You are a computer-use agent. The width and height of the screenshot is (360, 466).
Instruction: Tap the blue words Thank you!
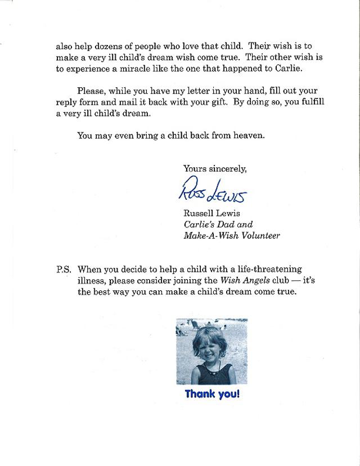[212, 394]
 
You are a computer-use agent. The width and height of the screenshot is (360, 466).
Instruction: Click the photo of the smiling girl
[211, 351]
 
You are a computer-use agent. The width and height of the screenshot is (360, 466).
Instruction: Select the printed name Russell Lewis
[211, 213]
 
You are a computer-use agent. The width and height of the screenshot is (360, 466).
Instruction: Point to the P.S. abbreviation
[64, 270]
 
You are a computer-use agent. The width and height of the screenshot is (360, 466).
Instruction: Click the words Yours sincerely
[214, 168]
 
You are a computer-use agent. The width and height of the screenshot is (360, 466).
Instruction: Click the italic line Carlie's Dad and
[219, 224]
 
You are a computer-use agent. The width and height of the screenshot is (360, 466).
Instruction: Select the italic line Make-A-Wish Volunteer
[231, 235]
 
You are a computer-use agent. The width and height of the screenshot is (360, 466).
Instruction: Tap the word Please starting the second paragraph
[91, 91]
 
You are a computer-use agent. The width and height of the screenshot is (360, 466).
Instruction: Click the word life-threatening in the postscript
[267, 270]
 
